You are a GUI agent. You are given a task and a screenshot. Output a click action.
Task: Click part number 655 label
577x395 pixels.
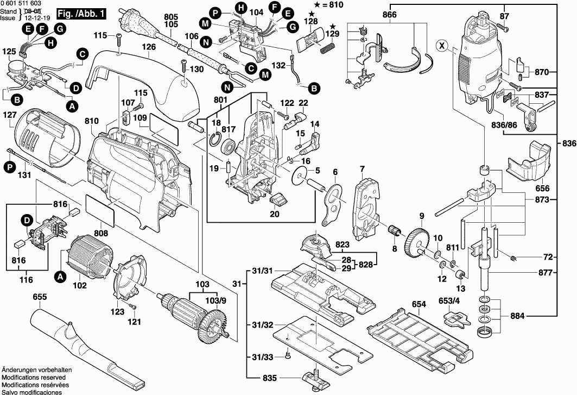(39, 297)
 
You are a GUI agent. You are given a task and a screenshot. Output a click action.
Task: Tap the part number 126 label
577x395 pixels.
(149, 47)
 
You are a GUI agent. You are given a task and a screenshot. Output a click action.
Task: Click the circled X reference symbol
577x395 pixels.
(443, 47)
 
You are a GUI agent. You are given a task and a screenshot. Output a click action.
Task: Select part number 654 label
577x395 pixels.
(418, 304)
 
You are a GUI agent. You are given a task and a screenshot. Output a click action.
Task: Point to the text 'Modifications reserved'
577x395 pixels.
(34, 377)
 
